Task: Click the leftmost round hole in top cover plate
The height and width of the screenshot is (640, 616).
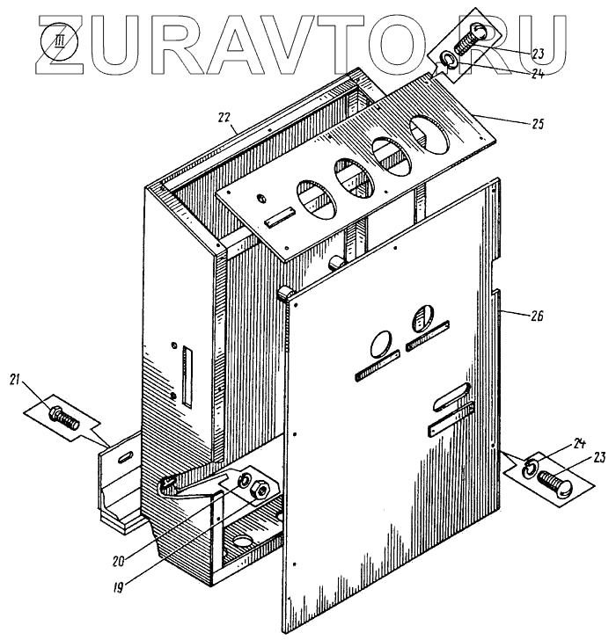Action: click(318, 199)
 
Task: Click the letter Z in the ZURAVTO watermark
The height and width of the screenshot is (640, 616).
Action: click(70, 40)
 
